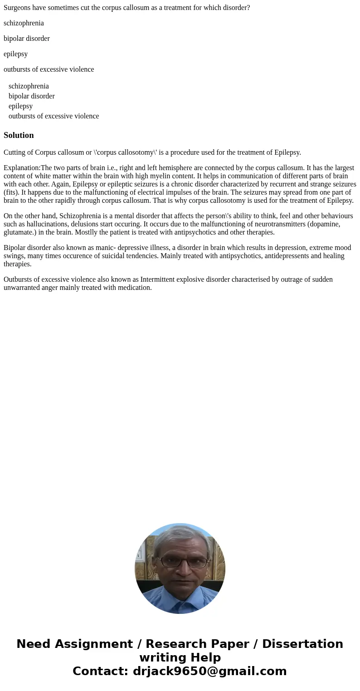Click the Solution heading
19,135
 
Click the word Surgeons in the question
17,8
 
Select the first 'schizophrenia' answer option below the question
24,23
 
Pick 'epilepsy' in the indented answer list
20,106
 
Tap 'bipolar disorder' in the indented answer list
31,96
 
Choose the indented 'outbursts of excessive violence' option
54,116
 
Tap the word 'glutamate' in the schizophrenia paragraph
18,232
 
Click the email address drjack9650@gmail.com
209,671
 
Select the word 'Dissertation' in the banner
302,644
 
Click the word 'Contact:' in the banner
101,671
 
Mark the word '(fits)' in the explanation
11,192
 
